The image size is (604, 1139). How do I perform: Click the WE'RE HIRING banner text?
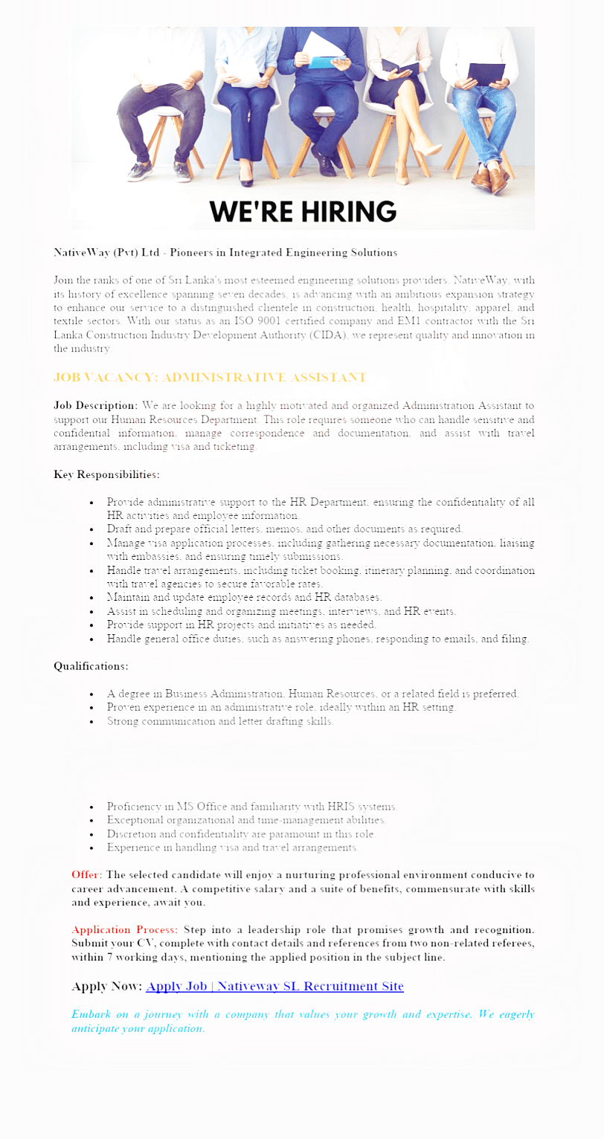tap(302, 211)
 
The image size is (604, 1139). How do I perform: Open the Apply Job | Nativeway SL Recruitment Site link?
tap(274, 987)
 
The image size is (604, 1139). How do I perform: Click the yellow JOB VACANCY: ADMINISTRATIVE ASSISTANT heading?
tap(210, 378)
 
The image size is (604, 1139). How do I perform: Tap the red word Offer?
tap(87, 874)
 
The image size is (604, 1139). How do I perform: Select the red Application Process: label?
tap(125, 930)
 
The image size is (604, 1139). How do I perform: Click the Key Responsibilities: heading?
tap(106, 474)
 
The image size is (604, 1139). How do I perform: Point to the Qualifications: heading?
tap(91, 666)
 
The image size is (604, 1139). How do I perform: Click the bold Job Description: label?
tap(96, 405)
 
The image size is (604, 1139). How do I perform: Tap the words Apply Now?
tap(106, 987)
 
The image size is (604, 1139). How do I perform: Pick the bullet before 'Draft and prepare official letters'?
tap(91, 529)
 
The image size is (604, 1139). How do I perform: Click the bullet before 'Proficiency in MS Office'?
tap(91, 807)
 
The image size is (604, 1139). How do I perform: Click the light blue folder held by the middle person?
tap(324, 61)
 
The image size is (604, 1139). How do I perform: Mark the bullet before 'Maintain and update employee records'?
tap(91, 598)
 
